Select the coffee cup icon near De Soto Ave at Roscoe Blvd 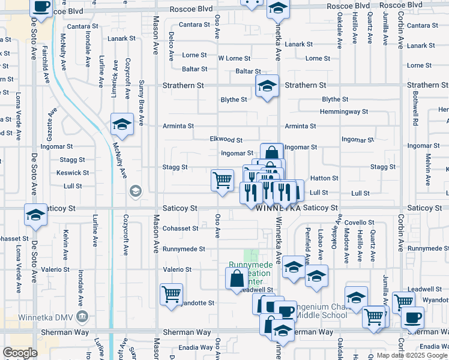pyautogui.click(x=41, y=7)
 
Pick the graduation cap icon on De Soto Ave pyautogui.click(x=35, y=215)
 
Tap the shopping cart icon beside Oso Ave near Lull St pyautogui.click(x=223, y=179)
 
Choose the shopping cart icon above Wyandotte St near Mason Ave pyautogui.click(x=172, y=295)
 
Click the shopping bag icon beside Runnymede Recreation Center pyautogui.click(x=237, y=278)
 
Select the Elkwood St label pyautogui.click(x=226, y=139)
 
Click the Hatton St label pyautogui.click(x=324, y=178)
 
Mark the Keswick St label pyautogui.click(x=73, y=173)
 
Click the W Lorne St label pyautogui.click(x=233, y=58)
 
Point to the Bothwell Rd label pyautogui.click(x=415, y=110)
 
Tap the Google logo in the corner pyautogui.click(x=20, y=353)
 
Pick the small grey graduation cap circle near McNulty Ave pyautogui.click(x=136, y=191)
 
